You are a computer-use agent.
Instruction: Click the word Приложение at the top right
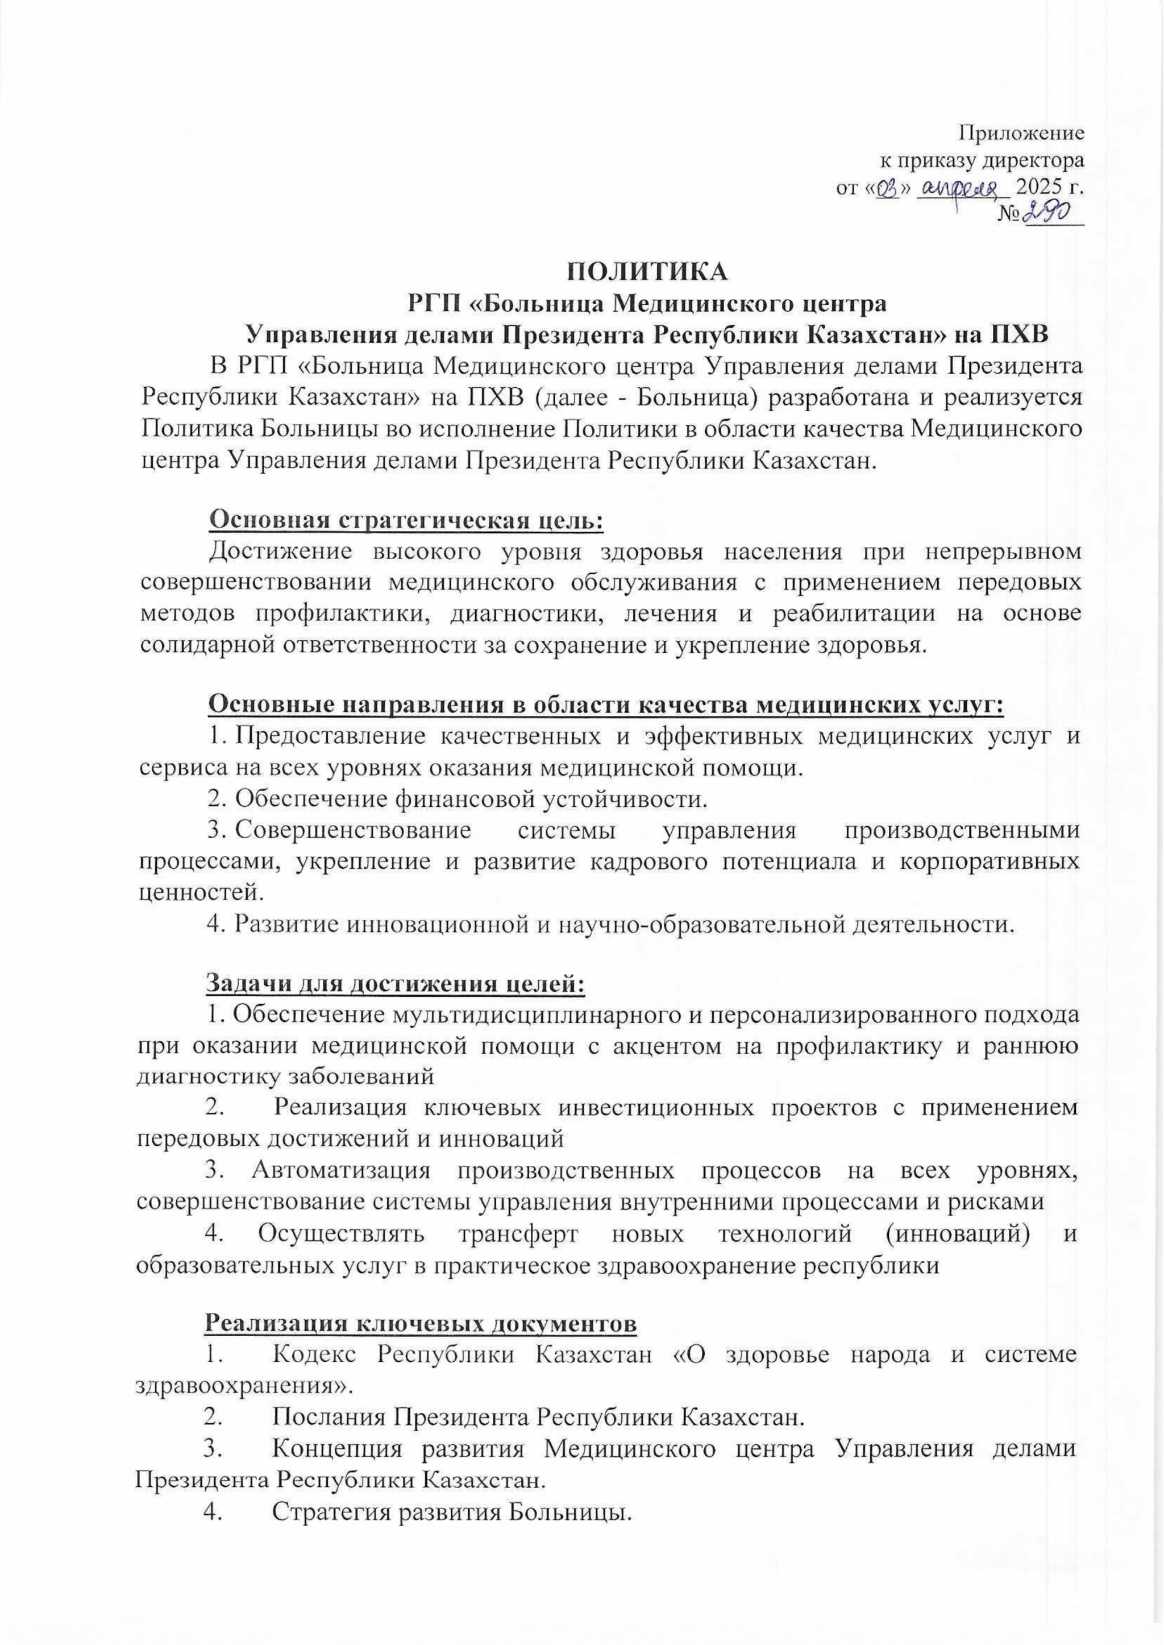coord(1021,132)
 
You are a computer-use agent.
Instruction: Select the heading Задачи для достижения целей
coord(396,983)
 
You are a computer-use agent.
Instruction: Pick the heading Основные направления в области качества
coord(606,706)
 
